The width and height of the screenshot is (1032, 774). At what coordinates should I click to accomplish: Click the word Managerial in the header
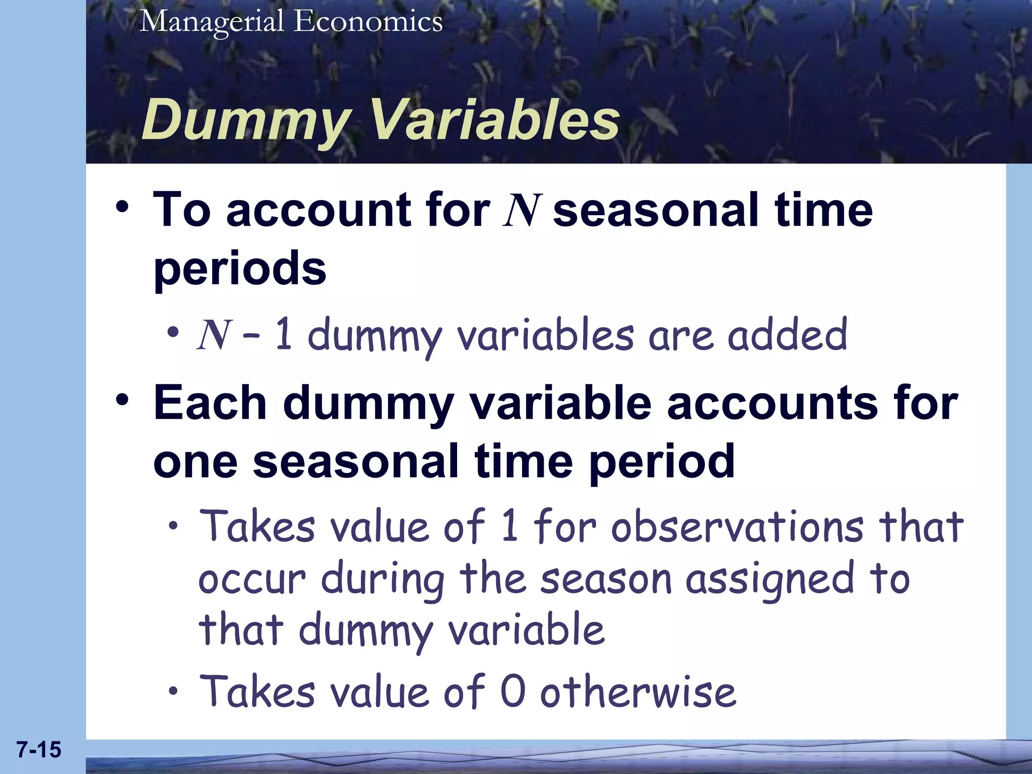click(212, 22)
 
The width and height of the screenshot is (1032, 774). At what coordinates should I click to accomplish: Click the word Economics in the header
click(368, 22)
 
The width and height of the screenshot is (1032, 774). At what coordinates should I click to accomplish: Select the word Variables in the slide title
click(494, 119)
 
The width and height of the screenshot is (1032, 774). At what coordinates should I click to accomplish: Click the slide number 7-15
click(39, 750)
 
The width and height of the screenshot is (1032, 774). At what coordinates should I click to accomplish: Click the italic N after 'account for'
click(522, 211)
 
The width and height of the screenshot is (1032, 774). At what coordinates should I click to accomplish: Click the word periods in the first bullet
click(240, 270)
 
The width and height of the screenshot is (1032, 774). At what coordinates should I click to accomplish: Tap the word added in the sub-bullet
click(787, 335)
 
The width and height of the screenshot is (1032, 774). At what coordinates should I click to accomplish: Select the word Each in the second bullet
click(210, 403)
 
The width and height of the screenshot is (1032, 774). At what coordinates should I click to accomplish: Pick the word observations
click(737, 527)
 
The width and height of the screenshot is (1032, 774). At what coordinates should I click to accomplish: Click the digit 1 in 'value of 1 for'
click(510, 526)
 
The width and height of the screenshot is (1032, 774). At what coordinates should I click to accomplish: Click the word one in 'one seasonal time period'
click(195, 462)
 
